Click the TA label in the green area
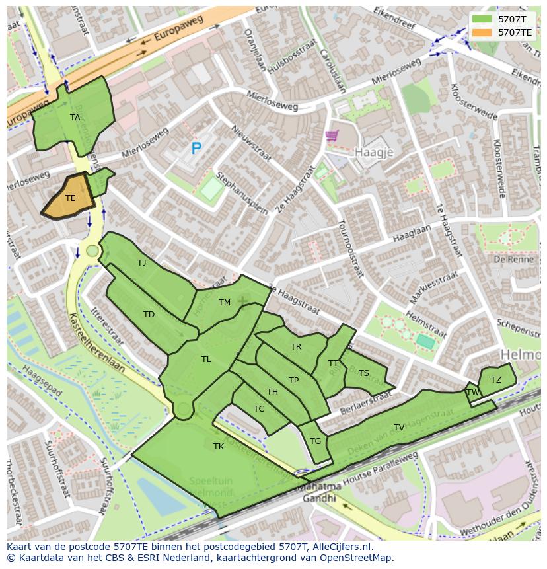(75, 118)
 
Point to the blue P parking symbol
(196, 149)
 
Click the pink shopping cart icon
(332, 135)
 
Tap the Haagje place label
(374, 152)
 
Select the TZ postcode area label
(495, 379)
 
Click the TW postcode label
(473, 392)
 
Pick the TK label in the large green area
(219, 447)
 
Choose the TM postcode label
(225, 303)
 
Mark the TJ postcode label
(141, 263)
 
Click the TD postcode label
(149, 315)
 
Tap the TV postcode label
(399, 428)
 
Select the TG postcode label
(315, 441)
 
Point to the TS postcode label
(363, 373)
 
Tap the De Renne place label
(509, 260)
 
